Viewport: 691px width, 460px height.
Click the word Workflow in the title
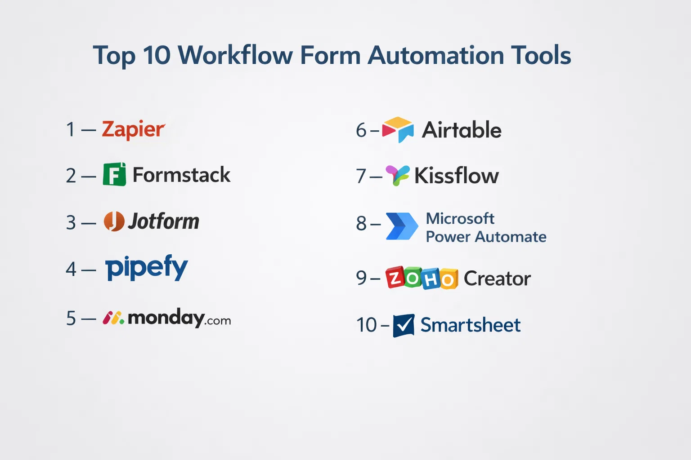coord(235,55)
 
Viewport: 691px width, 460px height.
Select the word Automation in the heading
coord(435,55)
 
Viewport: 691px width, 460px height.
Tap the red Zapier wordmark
coord(134,130)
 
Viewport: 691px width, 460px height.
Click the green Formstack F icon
coord(114,174)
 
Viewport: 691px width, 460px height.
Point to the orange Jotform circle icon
coord(114,221)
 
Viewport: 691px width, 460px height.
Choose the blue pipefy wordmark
coord(147,267)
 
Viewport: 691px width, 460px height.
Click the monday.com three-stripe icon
coord(113,318)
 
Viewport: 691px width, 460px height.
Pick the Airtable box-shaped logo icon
coord(398,130)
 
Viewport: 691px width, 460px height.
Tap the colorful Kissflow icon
coord(398,175)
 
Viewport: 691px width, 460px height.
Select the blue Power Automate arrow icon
coord(402,226)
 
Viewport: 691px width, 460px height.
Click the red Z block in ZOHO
coord(395,277)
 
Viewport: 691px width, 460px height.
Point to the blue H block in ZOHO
coord(431,279)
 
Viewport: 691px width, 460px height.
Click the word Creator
coord(497,279)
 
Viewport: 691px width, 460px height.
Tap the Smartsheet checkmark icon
coord(404,325)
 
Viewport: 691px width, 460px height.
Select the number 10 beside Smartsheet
coord(367,325)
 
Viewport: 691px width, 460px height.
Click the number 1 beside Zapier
coord(71,129)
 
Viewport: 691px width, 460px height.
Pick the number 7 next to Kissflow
coord(361,176)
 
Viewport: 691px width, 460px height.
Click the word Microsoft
coord(460,219)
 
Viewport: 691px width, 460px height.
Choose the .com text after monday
coord(217,321)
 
